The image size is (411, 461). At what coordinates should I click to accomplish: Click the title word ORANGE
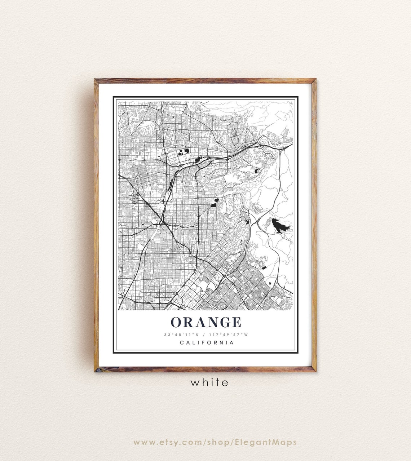pyautogui.click(x=206, y=322)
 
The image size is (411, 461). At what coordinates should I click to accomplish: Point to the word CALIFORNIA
pyautogui.click(x=207, y=343)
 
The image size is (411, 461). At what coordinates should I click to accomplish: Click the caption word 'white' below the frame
pyautogui.click(x=209, y=382)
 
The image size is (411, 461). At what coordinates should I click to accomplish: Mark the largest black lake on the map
pyautogui.click(x=280, y=226)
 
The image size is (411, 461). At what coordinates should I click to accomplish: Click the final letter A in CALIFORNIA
pyautogui.click(x=232, y=343)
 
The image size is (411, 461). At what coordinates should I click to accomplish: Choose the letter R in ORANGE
pyautogui.click(x=188, y=322)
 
